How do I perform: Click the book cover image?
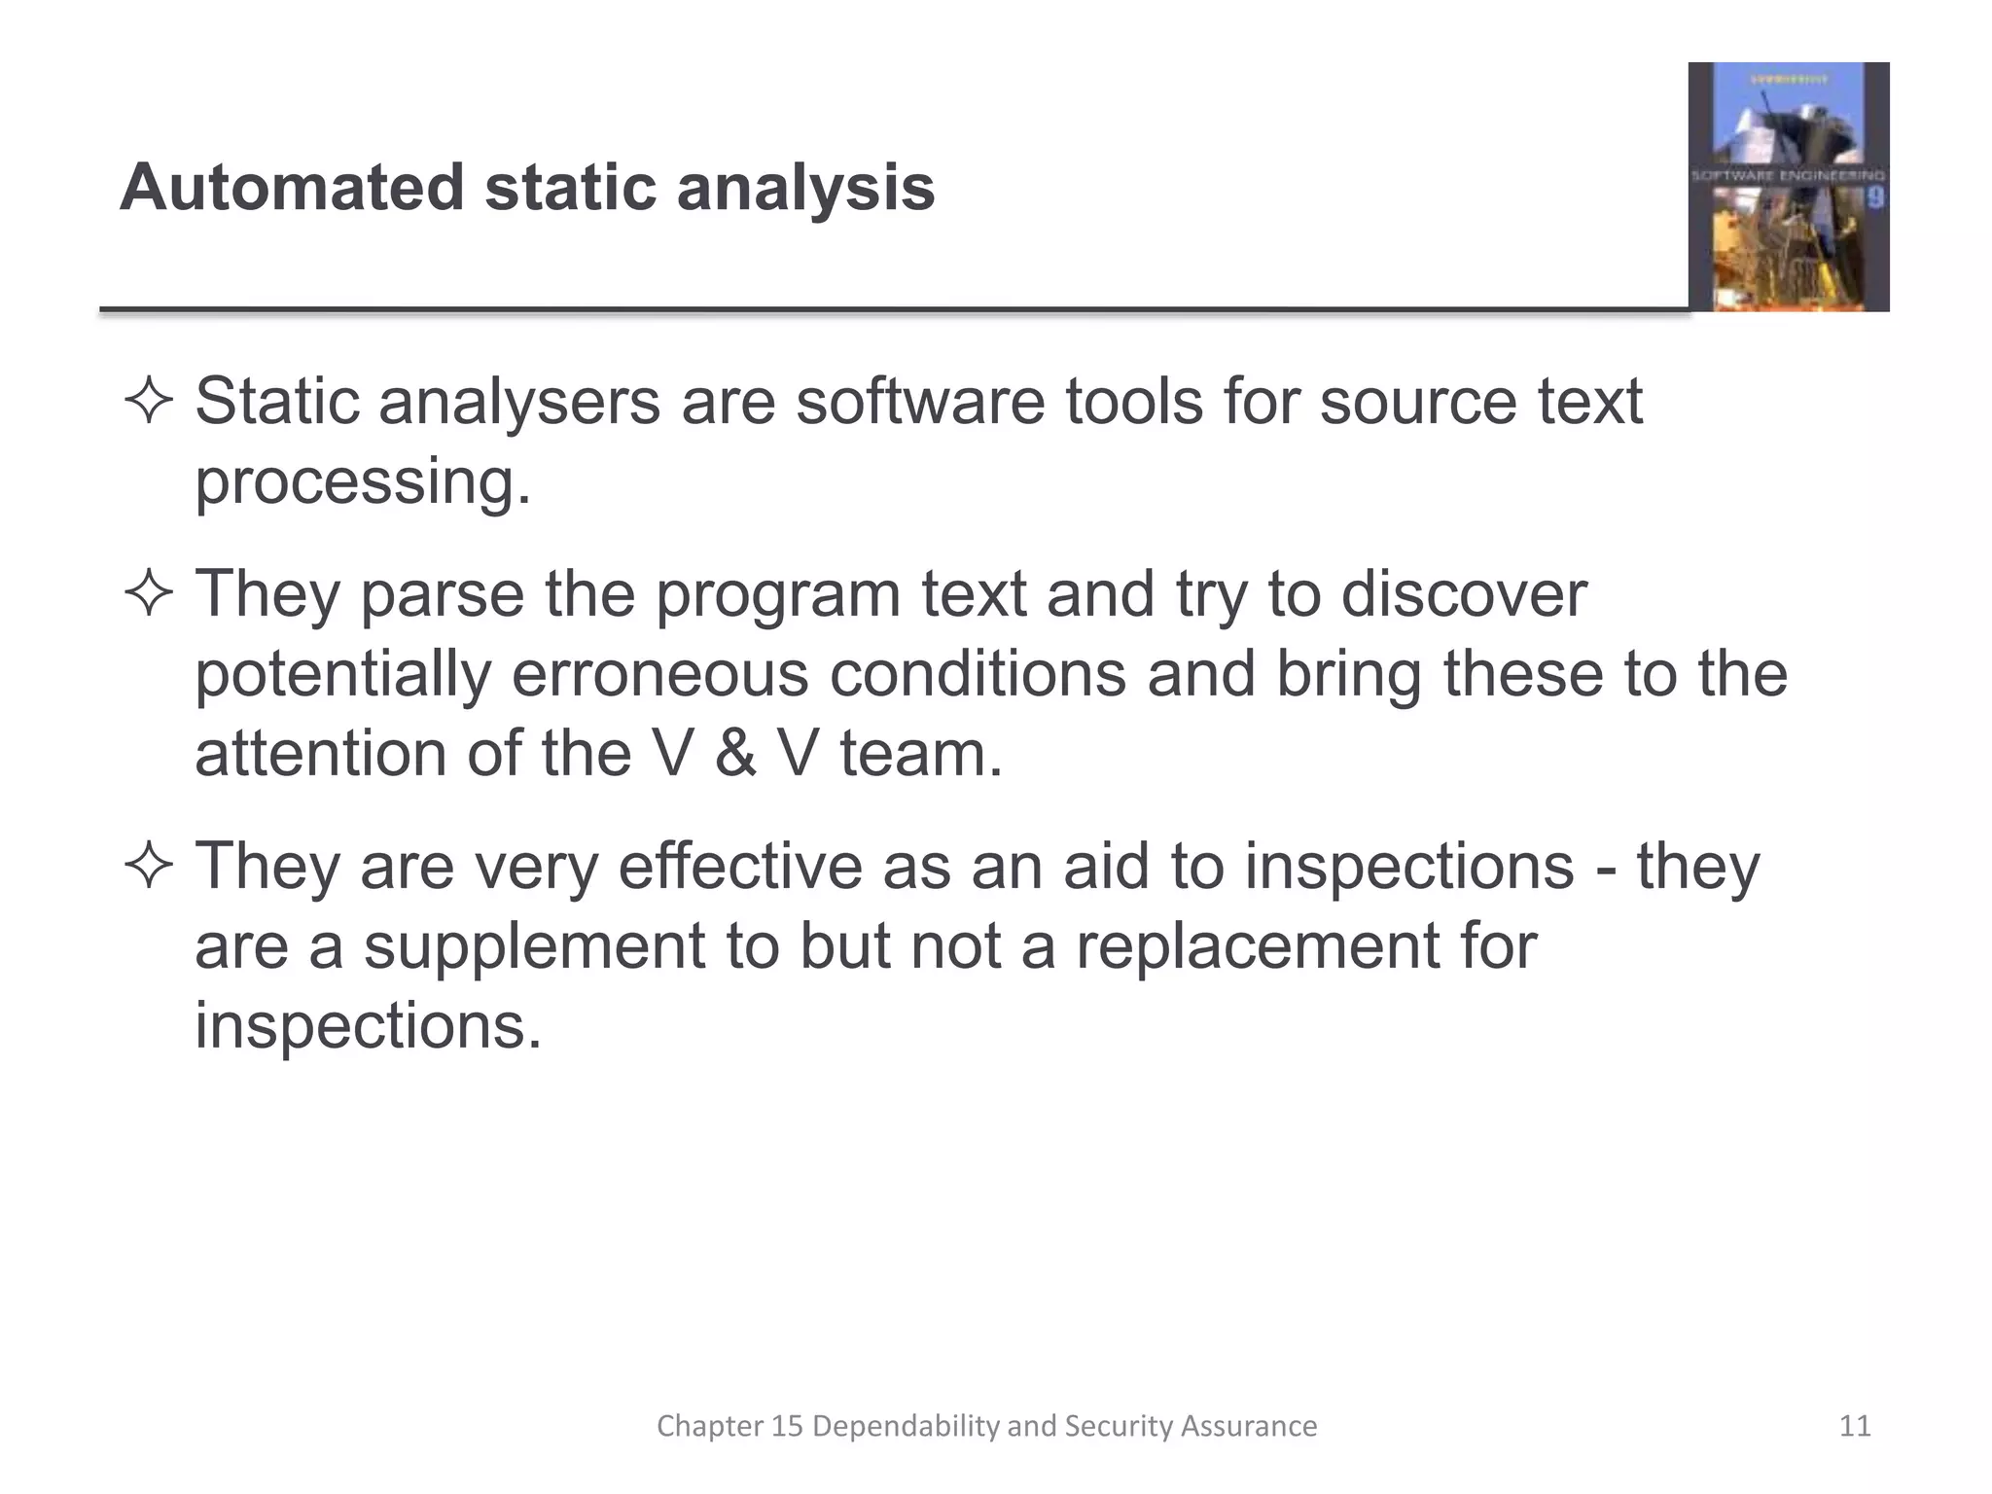(x=1788, y=187)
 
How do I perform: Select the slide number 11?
(x=1855, y=1426)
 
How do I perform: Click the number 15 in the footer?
(x=788, y=1426)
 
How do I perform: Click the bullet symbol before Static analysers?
(x=148, y=403)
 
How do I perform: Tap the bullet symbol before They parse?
(x=148, y=594)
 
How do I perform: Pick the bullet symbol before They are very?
(x=148, y=867)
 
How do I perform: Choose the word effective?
(x=740, y=867)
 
